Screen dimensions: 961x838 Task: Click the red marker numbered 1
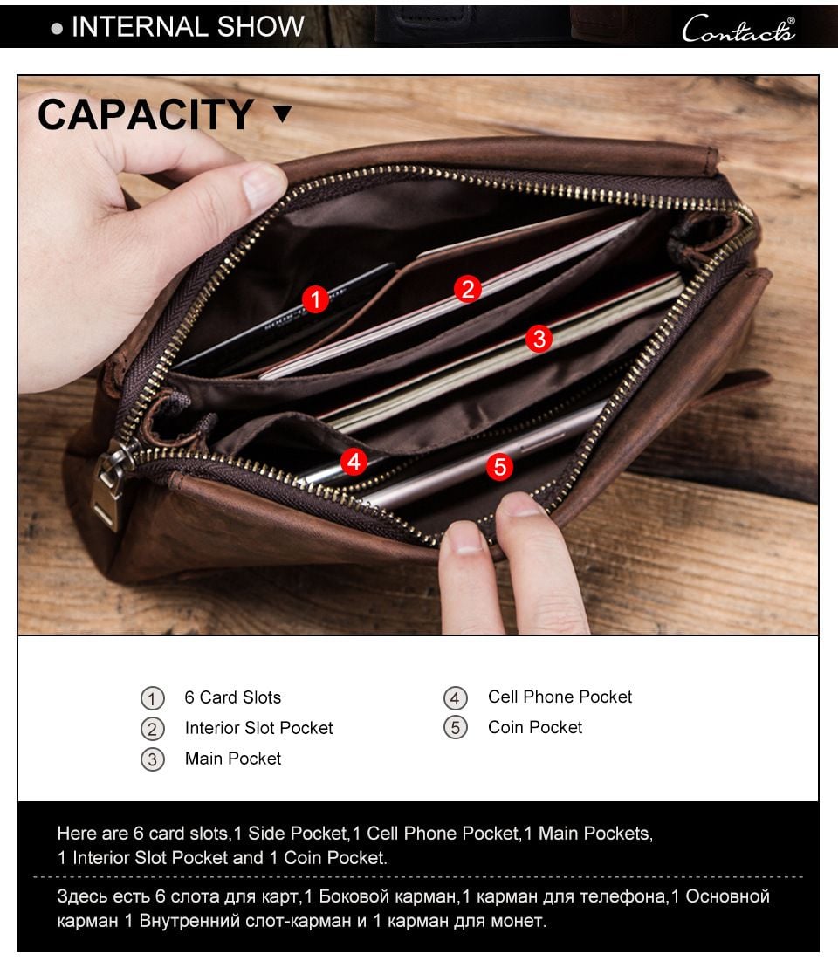coord(315,300)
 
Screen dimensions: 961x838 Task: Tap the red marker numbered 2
coord(468,289)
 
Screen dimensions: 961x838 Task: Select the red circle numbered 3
coord(539,339)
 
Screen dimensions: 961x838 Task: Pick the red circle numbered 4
coord(354,461)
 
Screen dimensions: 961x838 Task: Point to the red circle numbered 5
coord(499,467)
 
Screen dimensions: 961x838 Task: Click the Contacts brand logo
coord(738,29)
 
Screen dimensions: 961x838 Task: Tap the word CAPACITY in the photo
coord(146,115)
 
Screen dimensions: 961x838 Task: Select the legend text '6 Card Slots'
coord(232,697)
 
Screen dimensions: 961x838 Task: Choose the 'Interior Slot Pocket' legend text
coord(258,728)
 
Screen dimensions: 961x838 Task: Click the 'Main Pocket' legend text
coord(233,759)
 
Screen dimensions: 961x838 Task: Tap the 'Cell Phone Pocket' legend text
coord(560,697)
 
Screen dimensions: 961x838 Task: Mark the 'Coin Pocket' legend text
coord(535,727)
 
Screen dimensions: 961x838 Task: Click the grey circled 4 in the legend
coord(456,698)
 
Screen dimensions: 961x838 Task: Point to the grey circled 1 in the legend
coord(153,698)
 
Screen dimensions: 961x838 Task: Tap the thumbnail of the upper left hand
coord(264,186)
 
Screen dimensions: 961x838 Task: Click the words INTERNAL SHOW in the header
coord(188,27)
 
